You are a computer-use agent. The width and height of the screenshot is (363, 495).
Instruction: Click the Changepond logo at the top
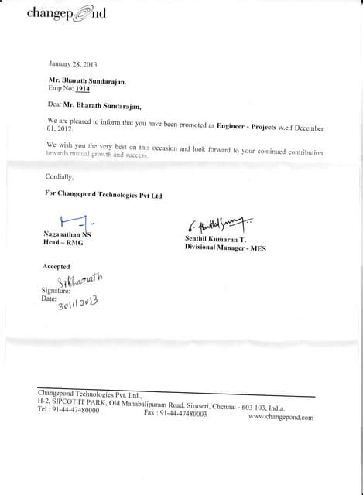click(x=67, y=13)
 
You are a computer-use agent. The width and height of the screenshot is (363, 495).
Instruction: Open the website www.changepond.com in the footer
click(x=281, y=418)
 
